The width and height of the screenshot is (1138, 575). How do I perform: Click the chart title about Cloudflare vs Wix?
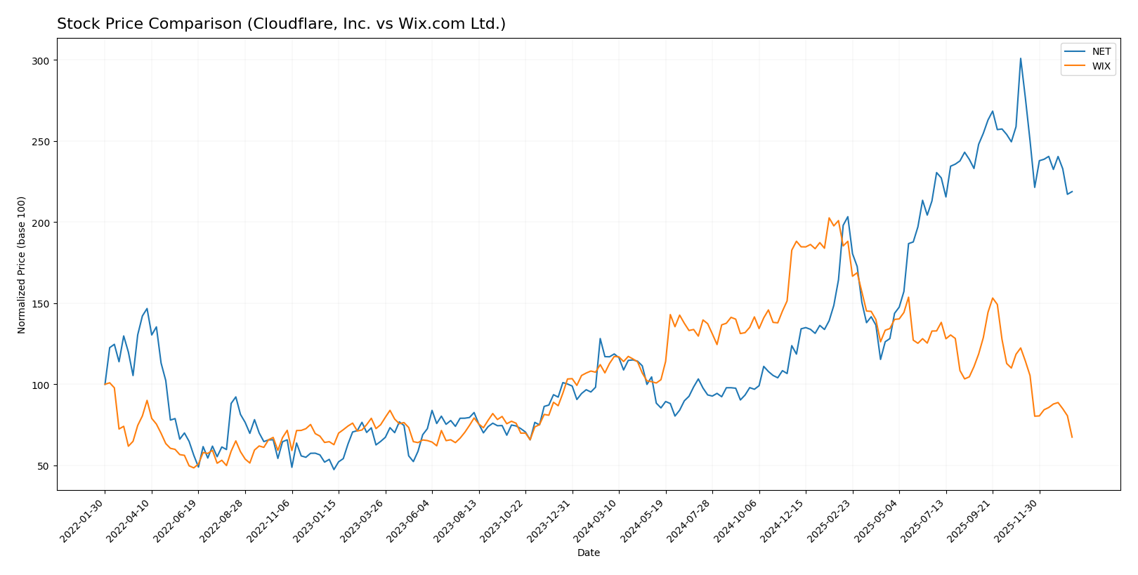(281, 24)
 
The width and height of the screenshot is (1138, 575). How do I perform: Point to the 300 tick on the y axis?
(41, 61)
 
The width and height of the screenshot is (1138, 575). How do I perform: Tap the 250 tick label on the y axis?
(41, 142)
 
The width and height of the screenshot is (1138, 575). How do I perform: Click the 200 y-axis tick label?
(41, 223)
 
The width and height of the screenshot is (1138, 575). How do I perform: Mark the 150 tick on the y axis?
(41, 304)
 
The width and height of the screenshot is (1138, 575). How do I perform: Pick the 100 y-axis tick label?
(41, 385)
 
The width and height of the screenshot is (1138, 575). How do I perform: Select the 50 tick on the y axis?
(43, 466)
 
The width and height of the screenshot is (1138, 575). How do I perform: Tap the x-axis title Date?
(589, 553)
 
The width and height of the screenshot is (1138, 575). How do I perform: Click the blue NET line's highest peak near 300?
(1021, 59)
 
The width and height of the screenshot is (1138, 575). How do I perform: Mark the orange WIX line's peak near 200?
(829, 218)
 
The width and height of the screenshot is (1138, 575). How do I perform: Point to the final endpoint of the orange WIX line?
(1072, 437)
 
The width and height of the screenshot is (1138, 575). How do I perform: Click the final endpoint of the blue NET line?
(1072, 192)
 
